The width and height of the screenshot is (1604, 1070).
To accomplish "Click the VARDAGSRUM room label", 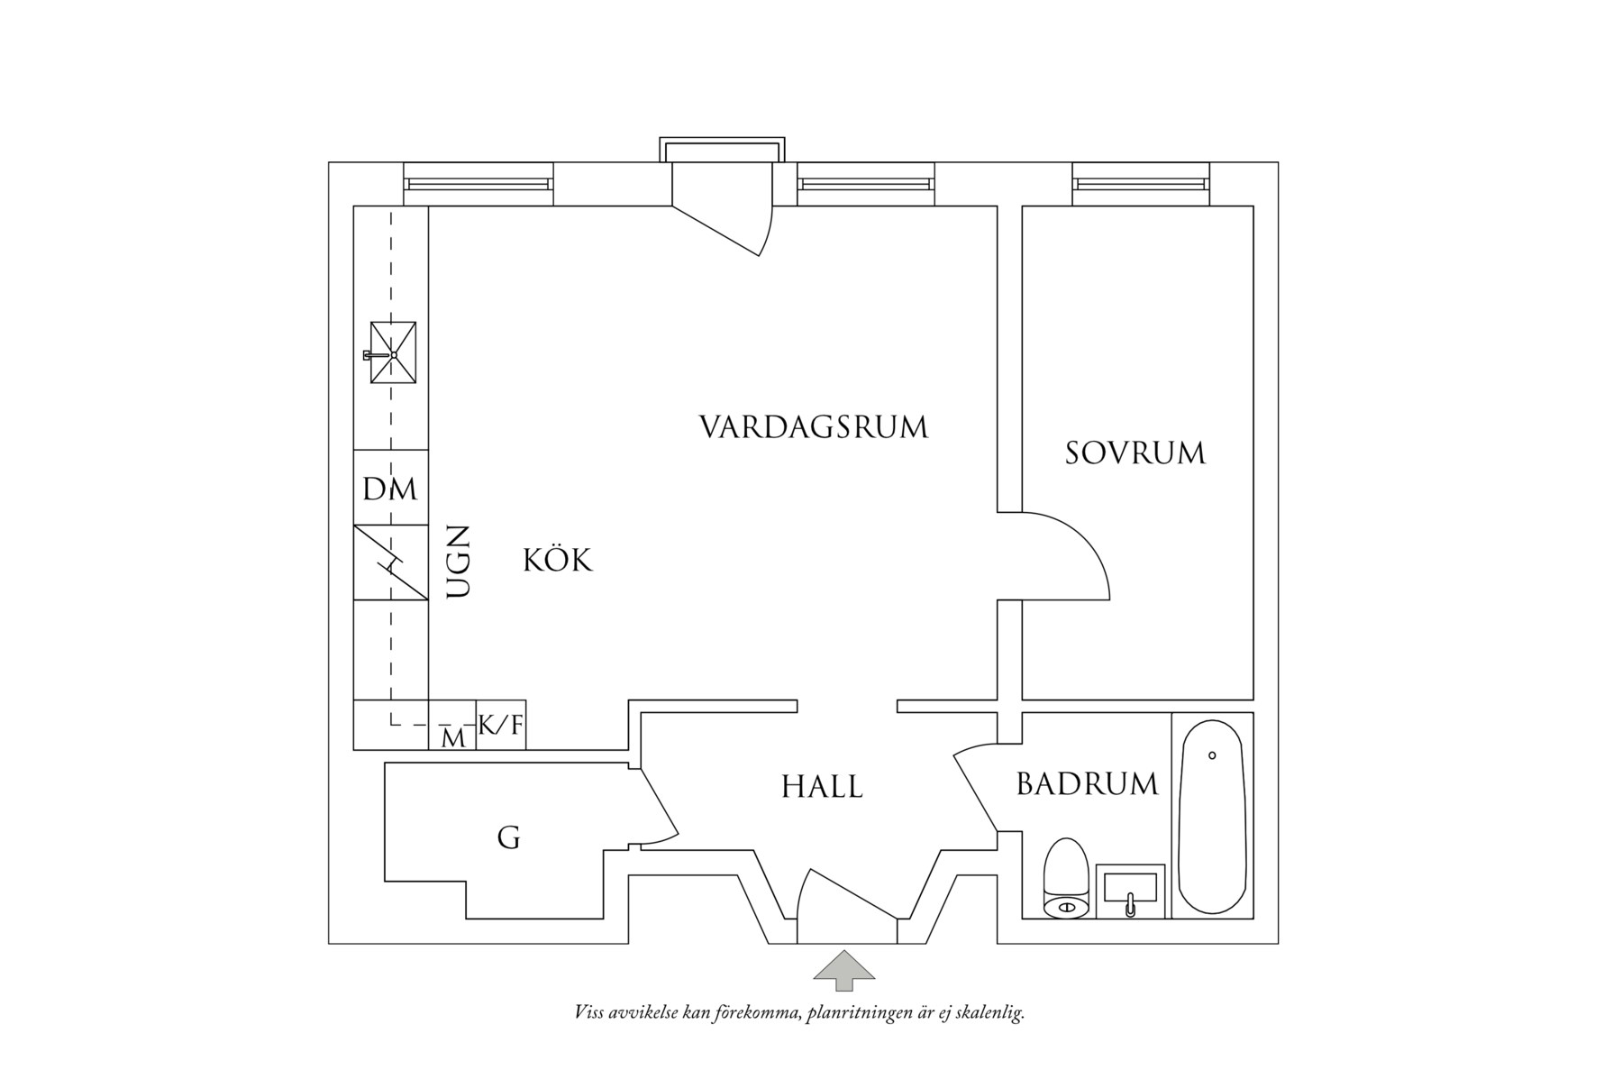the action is point(813,427).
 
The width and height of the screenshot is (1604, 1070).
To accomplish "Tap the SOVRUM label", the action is point(1135,453).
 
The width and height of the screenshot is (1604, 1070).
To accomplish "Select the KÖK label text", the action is point(558,561).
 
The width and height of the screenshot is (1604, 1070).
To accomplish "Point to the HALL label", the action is point(822,787).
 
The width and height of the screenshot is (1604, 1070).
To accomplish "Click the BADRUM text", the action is point(1087,784).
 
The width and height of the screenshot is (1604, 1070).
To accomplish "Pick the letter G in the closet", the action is point(508,838).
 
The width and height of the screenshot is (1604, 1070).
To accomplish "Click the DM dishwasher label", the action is point(390,489).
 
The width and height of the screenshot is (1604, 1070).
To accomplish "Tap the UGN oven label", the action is point(459,562).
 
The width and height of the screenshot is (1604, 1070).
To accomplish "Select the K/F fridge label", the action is point(500,725).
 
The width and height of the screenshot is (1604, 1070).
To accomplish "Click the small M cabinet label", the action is point(454,739).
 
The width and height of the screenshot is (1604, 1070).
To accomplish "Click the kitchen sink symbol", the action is point(394,353).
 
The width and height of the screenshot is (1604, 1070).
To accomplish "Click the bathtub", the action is point(1212,816).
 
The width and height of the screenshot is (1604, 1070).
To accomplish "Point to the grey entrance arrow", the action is point(844,965).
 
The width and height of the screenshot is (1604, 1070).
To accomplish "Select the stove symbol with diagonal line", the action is point(390,562).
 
